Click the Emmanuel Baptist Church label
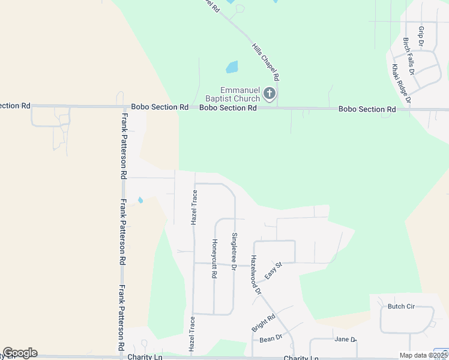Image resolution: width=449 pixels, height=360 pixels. pos(232,94)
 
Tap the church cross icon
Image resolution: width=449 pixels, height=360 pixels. pos(270,94)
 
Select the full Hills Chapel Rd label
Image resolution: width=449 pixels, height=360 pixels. pos(266,62)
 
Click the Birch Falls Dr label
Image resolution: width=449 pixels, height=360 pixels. pos(408,55)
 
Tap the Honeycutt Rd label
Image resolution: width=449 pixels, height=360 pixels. pos(214,259)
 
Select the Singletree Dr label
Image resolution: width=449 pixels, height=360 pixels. pos(234,251)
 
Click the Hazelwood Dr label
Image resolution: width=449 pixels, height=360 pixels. pos(256,275)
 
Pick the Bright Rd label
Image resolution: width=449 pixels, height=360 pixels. pos(263,323)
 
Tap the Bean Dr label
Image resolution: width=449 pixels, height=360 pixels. pos(271,338)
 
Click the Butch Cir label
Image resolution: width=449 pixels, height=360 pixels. pos(401,307)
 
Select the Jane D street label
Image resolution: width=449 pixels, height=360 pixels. pos(345,340)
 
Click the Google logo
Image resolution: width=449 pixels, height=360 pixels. pos(20,353)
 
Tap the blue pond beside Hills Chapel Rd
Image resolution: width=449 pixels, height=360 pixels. pos(232,67)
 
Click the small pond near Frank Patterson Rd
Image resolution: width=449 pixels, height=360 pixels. pos(140,200)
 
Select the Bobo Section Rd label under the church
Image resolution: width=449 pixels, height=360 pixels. pos(228,108)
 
